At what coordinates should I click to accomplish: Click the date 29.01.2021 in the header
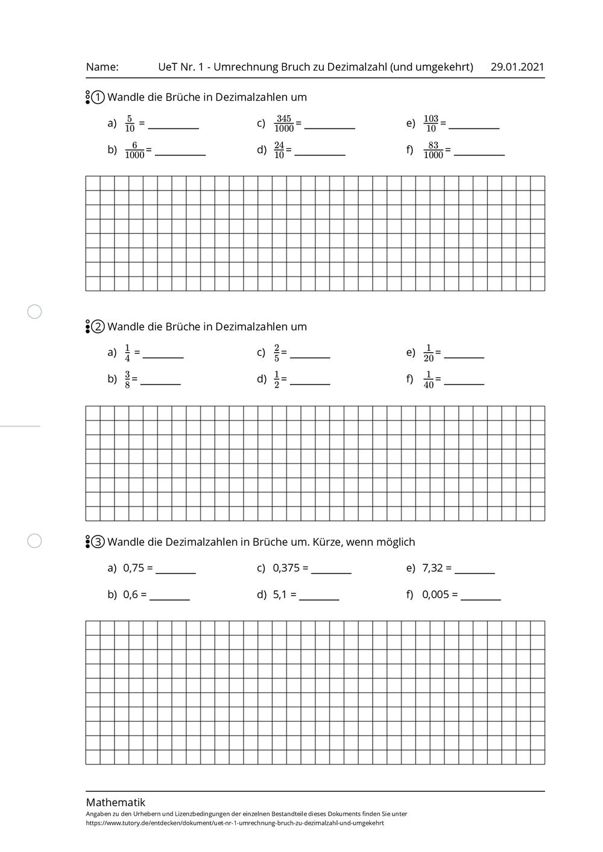pyautogui.click(x=517, y=67)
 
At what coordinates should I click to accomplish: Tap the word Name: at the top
pyautogui.click(x=102, y=67)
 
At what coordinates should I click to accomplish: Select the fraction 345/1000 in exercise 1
pyautogui.click(x=283, y=124)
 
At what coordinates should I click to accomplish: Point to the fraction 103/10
pyautogui.click(x=431, y=124)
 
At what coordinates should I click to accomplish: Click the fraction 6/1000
pyautogui.click(x=134, y=150)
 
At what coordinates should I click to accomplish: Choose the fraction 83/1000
pyautogui.click(x=433, y=150)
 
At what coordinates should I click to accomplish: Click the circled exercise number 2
pyautogui.click(x=98, y=327)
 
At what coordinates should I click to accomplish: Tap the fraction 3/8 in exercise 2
pyautogui.click(x=127, y=380)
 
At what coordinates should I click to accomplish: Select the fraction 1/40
pyautogui.click(x=429, y=380)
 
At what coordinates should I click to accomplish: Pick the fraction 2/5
pyautogui.click(x=277, y=353)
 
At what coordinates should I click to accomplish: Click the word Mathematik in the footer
pyautogui.click(x=116, y=803)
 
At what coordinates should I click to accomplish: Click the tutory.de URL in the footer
pyautogui.click(x=235, y=822)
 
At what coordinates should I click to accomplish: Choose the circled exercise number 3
pyautogui.click(x=98, y=542)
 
